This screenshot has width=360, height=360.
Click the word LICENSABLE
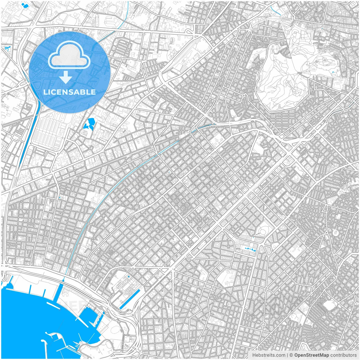click(69, 92)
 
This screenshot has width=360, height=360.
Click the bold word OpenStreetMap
click(312, 355)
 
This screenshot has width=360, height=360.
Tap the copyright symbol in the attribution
click(291, 355)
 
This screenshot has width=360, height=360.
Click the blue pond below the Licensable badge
click(90, 124)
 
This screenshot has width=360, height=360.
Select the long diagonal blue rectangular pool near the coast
click(130, 300)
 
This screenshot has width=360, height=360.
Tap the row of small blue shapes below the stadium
click(250, 249)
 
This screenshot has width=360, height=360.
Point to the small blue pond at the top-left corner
click(26, 5)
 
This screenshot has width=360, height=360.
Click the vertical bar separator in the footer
click(288, 355)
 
